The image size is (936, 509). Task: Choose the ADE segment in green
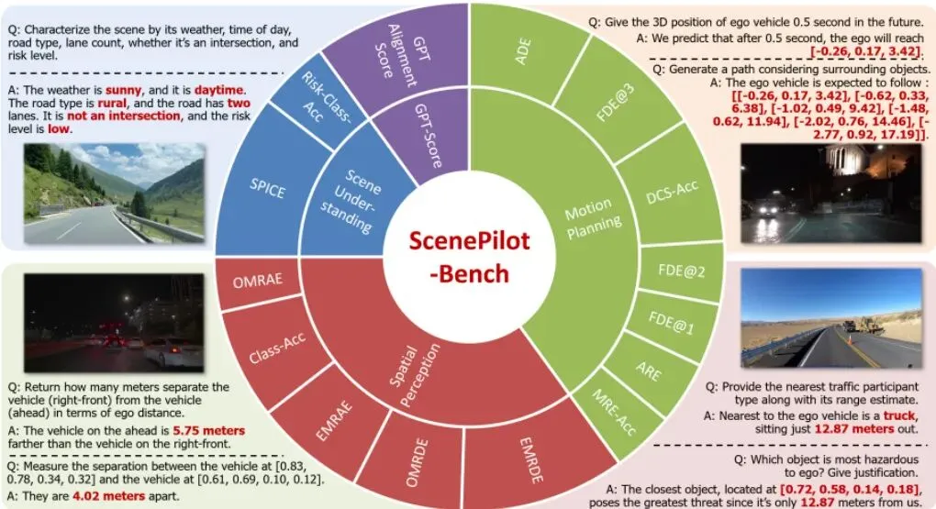coord(522,50)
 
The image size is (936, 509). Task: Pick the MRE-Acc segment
coord(609,414)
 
